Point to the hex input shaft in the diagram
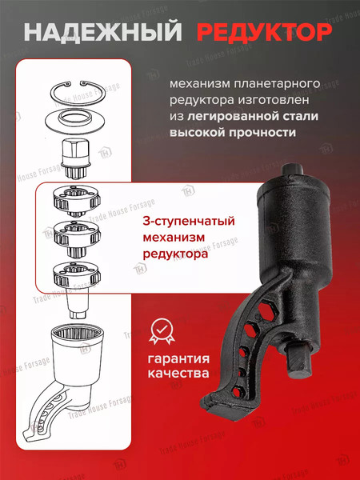point(80,157)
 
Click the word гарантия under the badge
point(183,358)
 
